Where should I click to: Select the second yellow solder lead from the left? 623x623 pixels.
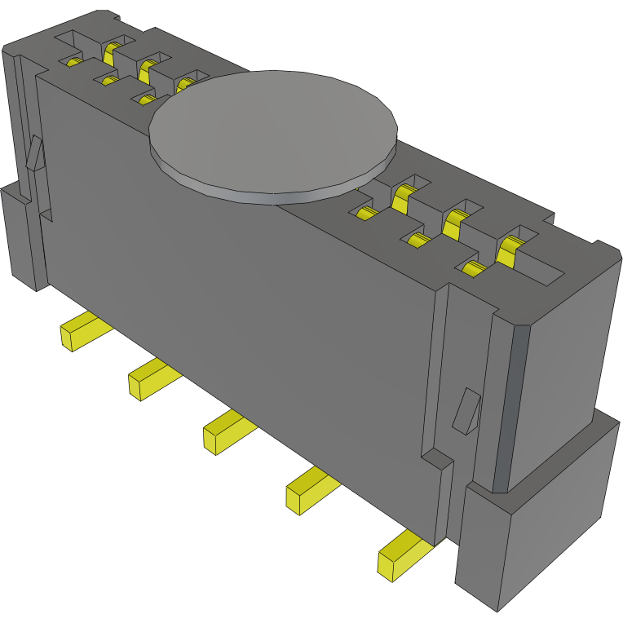pyautogui.click(x=150, y=379)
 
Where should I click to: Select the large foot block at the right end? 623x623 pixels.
pyautogui.click(x=538, y=522)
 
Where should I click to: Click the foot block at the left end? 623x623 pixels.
pyautogui.click(x=20, y=236)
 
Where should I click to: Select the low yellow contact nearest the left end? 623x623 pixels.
pyautogui.click(x=74, y=62)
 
